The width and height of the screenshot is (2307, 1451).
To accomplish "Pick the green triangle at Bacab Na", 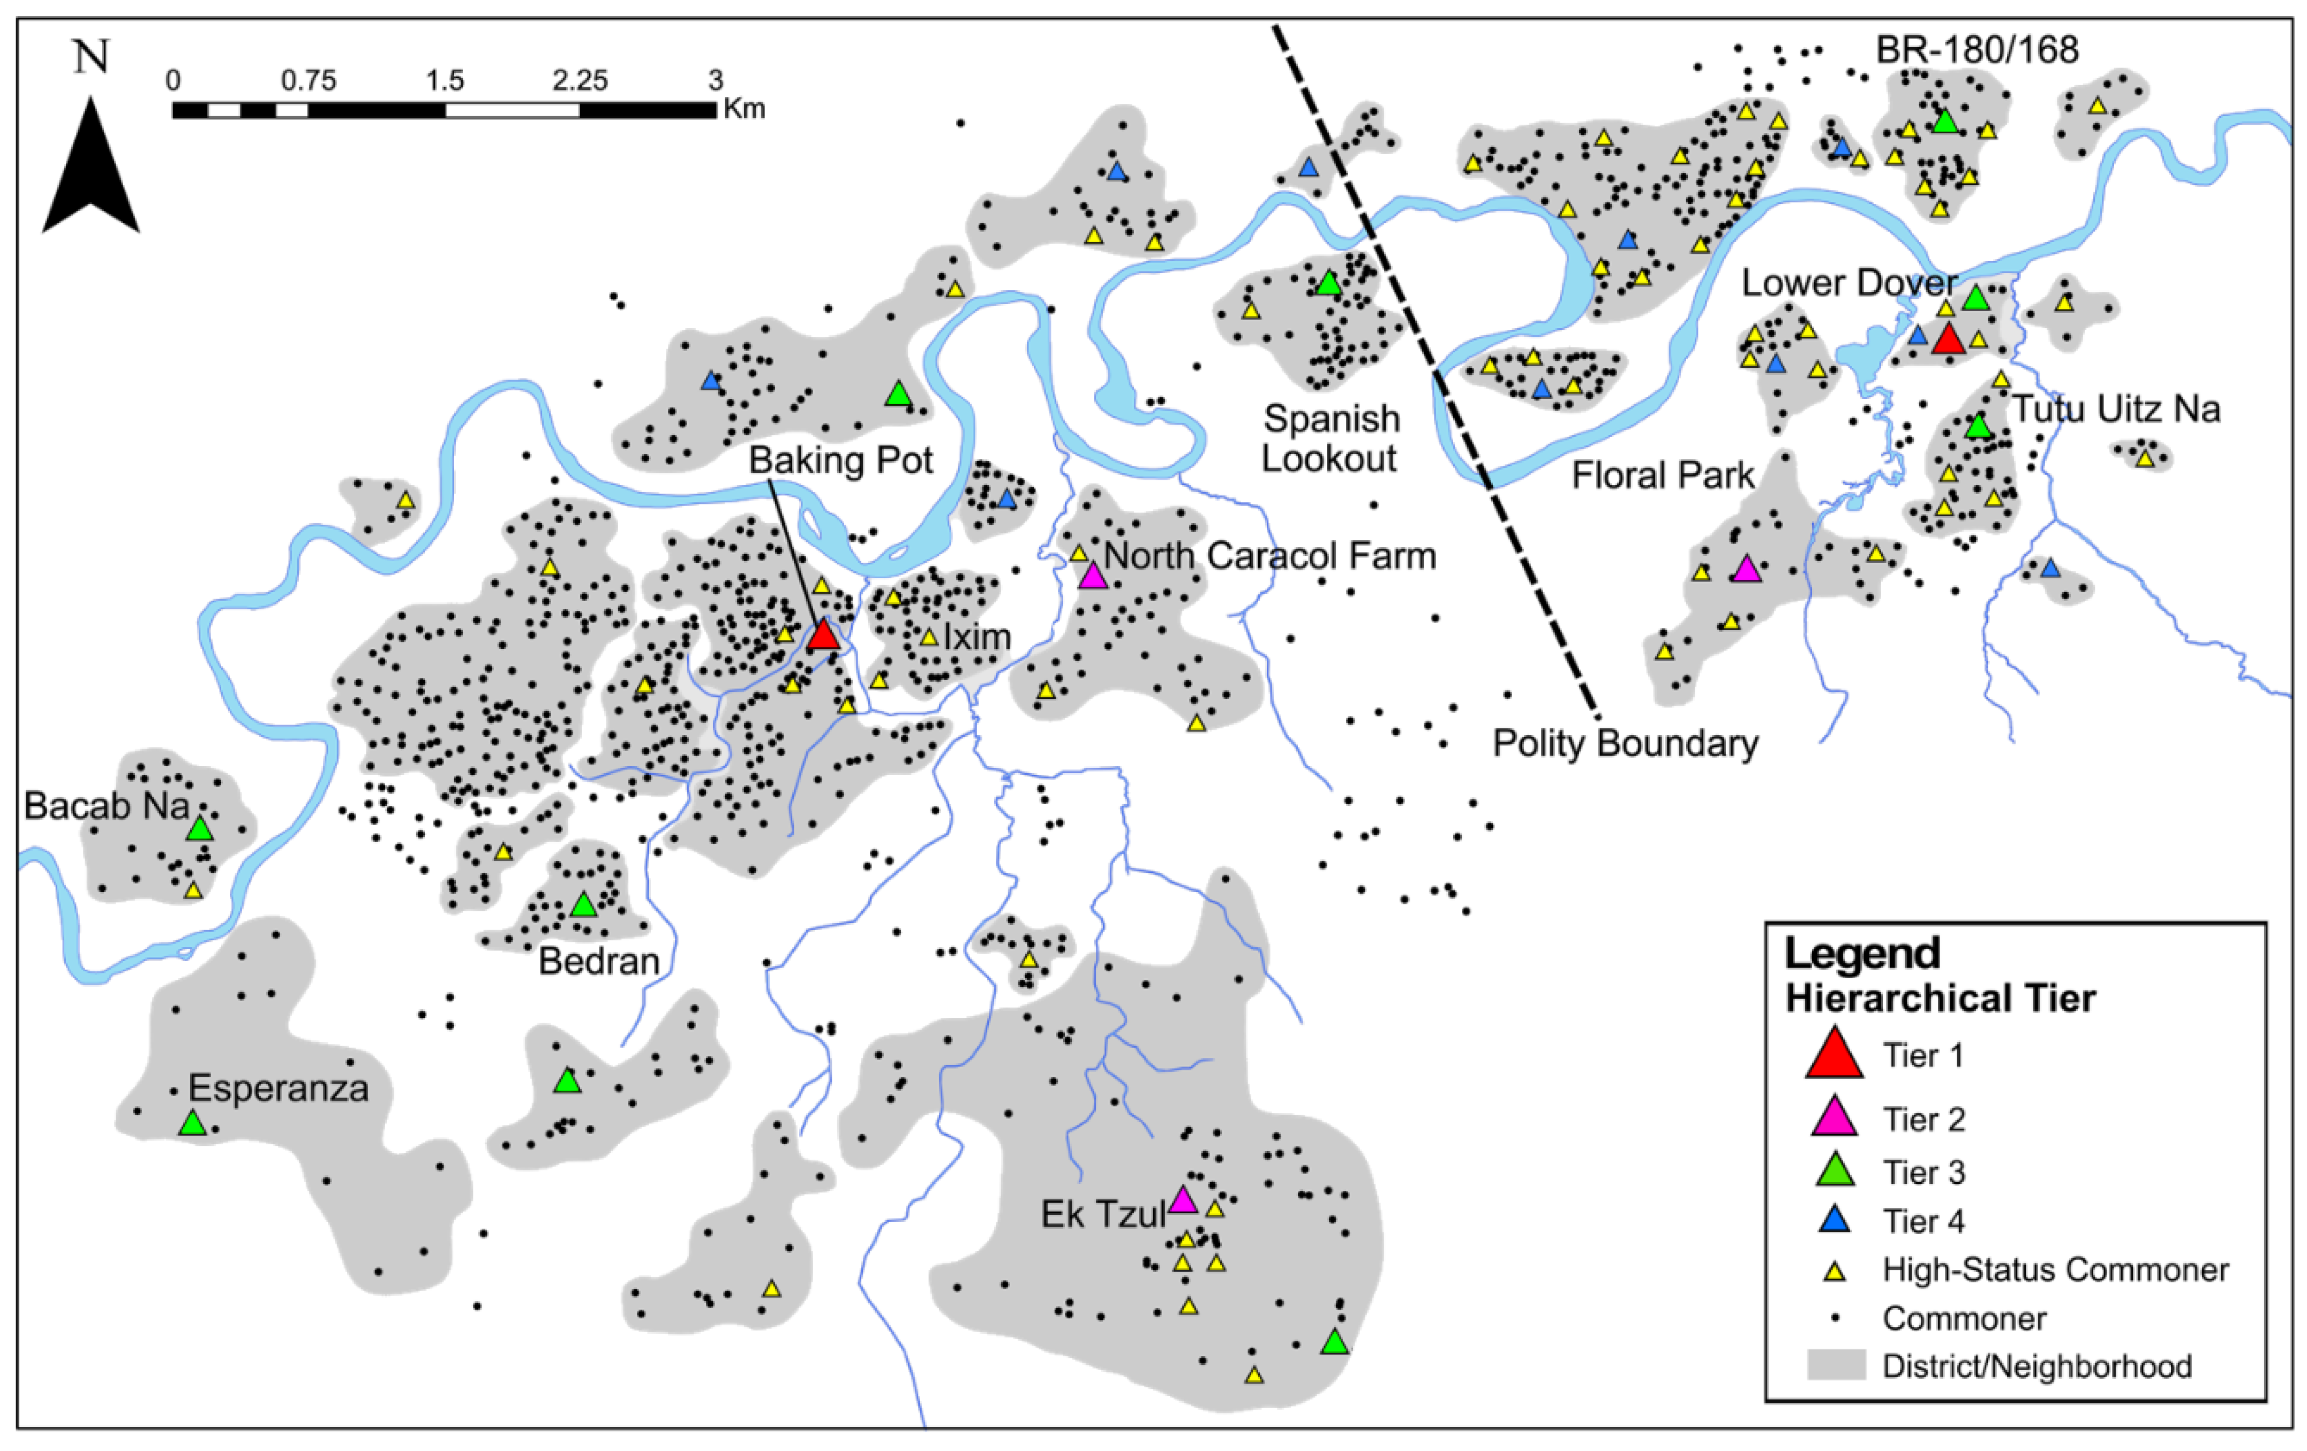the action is pyautogui.click(x=199, y=828).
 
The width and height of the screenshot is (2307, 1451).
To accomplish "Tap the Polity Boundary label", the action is pyautogui.click(x=1625, y=743).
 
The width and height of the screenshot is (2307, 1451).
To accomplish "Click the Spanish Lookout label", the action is pyautogui.click(x=1330, y=439).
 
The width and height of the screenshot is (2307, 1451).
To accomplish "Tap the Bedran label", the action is pyautogui.click(x=599, y=961).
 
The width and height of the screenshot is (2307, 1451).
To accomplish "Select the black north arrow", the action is pyautogui.click(x=91, y=168).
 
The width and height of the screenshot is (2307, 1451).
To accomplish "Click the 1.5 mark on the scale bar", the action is pyautogui.click(x=445, y=80).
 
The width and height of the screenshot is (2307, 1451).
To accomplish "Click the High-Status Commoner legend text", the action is pyautogui.click(x=2055, y=1270).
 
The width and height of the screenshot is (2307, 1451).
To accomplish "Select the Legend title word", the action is pyautogui.click(x=1862, y=954).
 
